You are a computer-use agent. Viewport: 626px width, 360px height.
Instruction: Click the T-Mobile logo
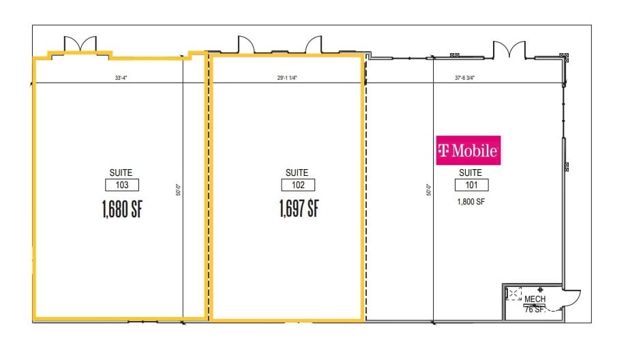pos(468,150)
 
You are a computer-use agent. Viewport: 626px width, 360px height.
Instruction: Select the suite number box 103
pos(123,185)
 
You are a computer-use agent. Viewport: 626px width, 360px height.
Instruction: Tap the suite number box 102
pos(298,185)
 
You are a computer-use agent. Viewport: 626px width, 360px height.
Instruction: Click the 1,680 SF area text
pos(123,208)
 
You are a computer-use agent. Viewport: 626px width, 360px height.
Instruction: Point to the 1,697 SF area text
pos(299,208)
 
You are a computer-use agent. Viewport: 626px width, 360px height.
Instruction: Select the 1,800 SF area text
pos(471,201)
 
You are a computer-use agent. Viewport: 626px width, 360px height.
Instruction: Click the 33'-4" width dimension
pos(123,78)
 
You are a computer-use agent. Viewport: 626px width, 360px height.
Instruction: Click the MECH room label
pos(534,299)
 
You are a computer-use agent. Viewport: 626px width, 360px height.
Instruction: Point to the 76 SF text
pos(535,309)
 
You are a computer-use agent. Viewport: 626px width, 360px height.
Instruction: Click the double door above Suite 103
pos(80,44)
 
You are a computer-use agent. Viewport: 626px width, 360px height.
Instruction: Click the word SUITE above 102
pos(298,172)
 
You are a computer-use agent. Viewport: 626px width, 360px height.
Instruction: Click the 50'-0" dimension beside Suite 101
pos(428,191)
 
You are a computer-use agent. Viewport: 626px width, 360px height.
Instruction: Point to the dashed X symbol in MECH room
pos(513,294)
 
